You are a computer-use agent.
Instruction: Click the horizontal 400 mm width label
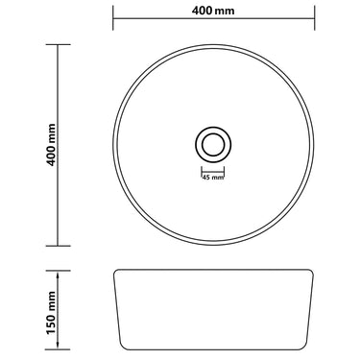click(x=213, y=11)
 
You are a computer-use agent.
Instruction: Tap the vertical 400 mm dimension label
click(x=51, y=145)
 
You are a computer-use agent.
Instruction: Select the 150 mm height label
click(x=51, y=313)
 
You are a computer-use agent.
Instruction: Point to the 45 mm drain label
click(x=212, y=178)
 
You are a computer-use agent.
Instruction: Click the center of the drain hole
click(x=213, y=144)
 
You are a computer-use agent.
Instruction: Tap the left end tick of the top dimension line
click(x=113, y=18)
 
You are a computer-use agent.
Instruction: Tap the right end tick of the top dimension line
click(x=315, y=18)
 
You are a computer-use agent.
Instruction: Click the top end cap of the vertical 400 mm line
click(x=58, y=44)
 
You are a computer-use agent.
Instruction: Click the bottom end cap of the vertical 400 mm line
click(x=58, y=246)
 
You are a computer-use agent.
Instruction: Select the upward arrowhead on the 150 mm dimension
click(x=58, y=275)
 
